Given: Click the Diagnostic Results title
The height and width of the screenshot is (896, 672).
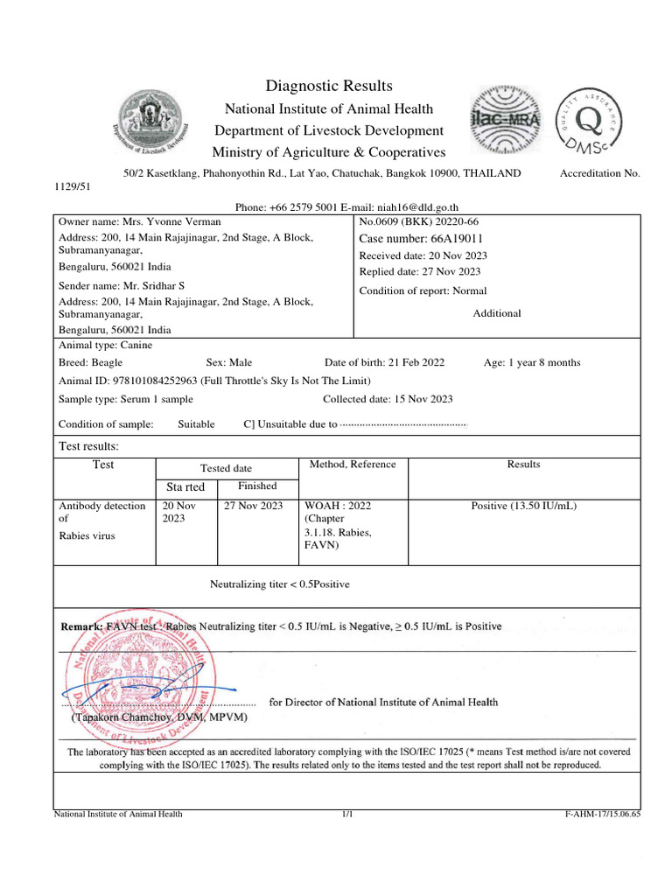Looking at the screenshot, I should (329, 86).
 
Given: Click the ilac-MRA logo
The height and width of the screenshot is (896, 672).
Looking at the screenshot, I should (507, 119).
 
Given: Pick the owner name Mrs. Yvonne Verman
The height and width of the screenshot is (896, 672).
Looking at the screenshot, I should (139, 222).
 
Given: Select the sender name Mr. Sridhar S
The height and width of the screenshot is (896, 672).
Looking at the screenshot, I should (122, 286).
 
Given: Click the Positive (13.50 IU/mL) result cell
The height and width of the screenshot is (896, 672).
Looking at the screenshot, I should (523, 506).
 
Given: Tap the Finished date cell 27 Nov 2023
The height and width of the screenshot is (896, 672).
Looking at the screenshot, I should (254, 506).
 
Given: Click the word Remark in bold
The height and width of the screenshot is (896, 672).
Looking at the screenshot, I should (80, 626).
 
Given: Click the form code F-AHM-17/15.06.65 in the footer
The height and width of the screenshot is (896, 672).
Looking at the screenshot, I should (603, 815).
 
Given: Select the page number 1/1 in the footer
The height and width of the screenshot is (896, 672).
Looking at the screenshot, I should (347, 815).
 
